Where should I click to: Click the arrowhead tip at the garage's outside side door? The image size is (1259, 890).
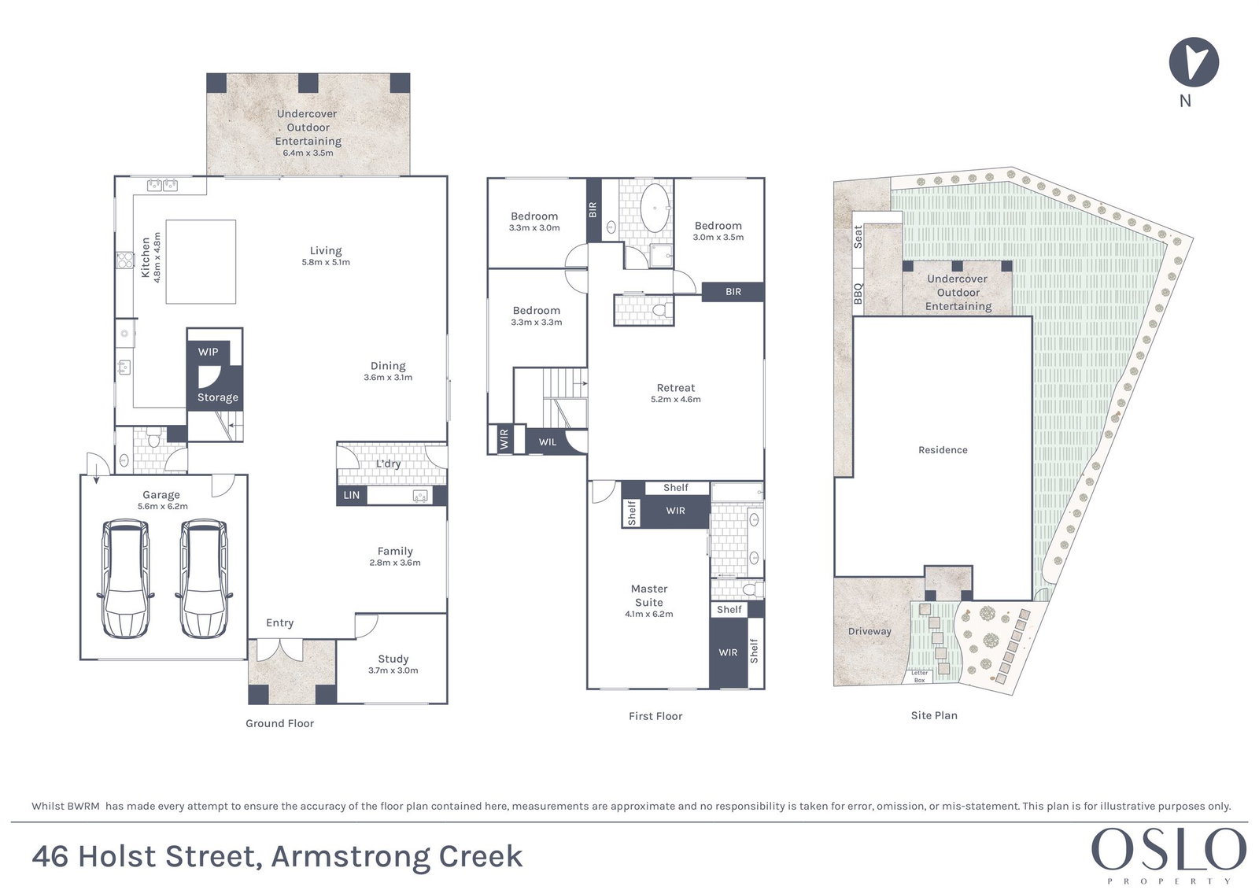[96, 483]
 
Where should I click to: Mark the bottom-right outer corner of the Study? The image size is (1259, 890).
[448, 704]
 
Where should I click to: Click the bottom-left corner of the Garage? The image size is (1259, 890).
[80, 659]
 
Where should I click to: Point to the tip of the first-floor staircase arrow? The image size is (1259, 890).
[587, 383]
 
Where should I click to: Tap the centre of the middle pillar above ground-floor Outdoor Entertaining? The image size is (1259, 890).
[308, 83]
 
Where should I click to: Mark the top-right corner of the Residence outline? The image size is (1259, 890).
[1032, 316]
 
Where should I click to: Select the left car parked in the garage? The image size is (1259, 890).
[126, 579]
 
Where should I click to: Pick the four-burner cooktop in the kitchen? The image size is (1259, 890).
[125, 260]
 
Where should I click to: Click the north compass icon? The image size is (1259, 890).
[1193, 62]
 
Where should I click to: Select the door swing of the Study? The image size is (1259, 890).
[365, 625]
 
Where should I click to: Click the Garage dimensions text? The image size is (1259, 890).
[162, 506]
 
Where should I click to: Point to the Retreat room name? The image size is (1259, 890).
[676, 387]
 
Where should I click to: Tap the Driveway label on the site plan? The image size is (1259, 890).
[869, 631]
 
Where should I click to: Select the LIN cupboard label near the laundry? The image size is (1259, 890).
[351, 495]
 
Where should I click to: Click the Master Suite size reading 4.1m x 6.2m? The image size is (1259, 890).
[648, 614]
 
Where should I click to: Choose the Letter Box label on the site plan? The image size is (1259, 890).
[920, 677]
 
